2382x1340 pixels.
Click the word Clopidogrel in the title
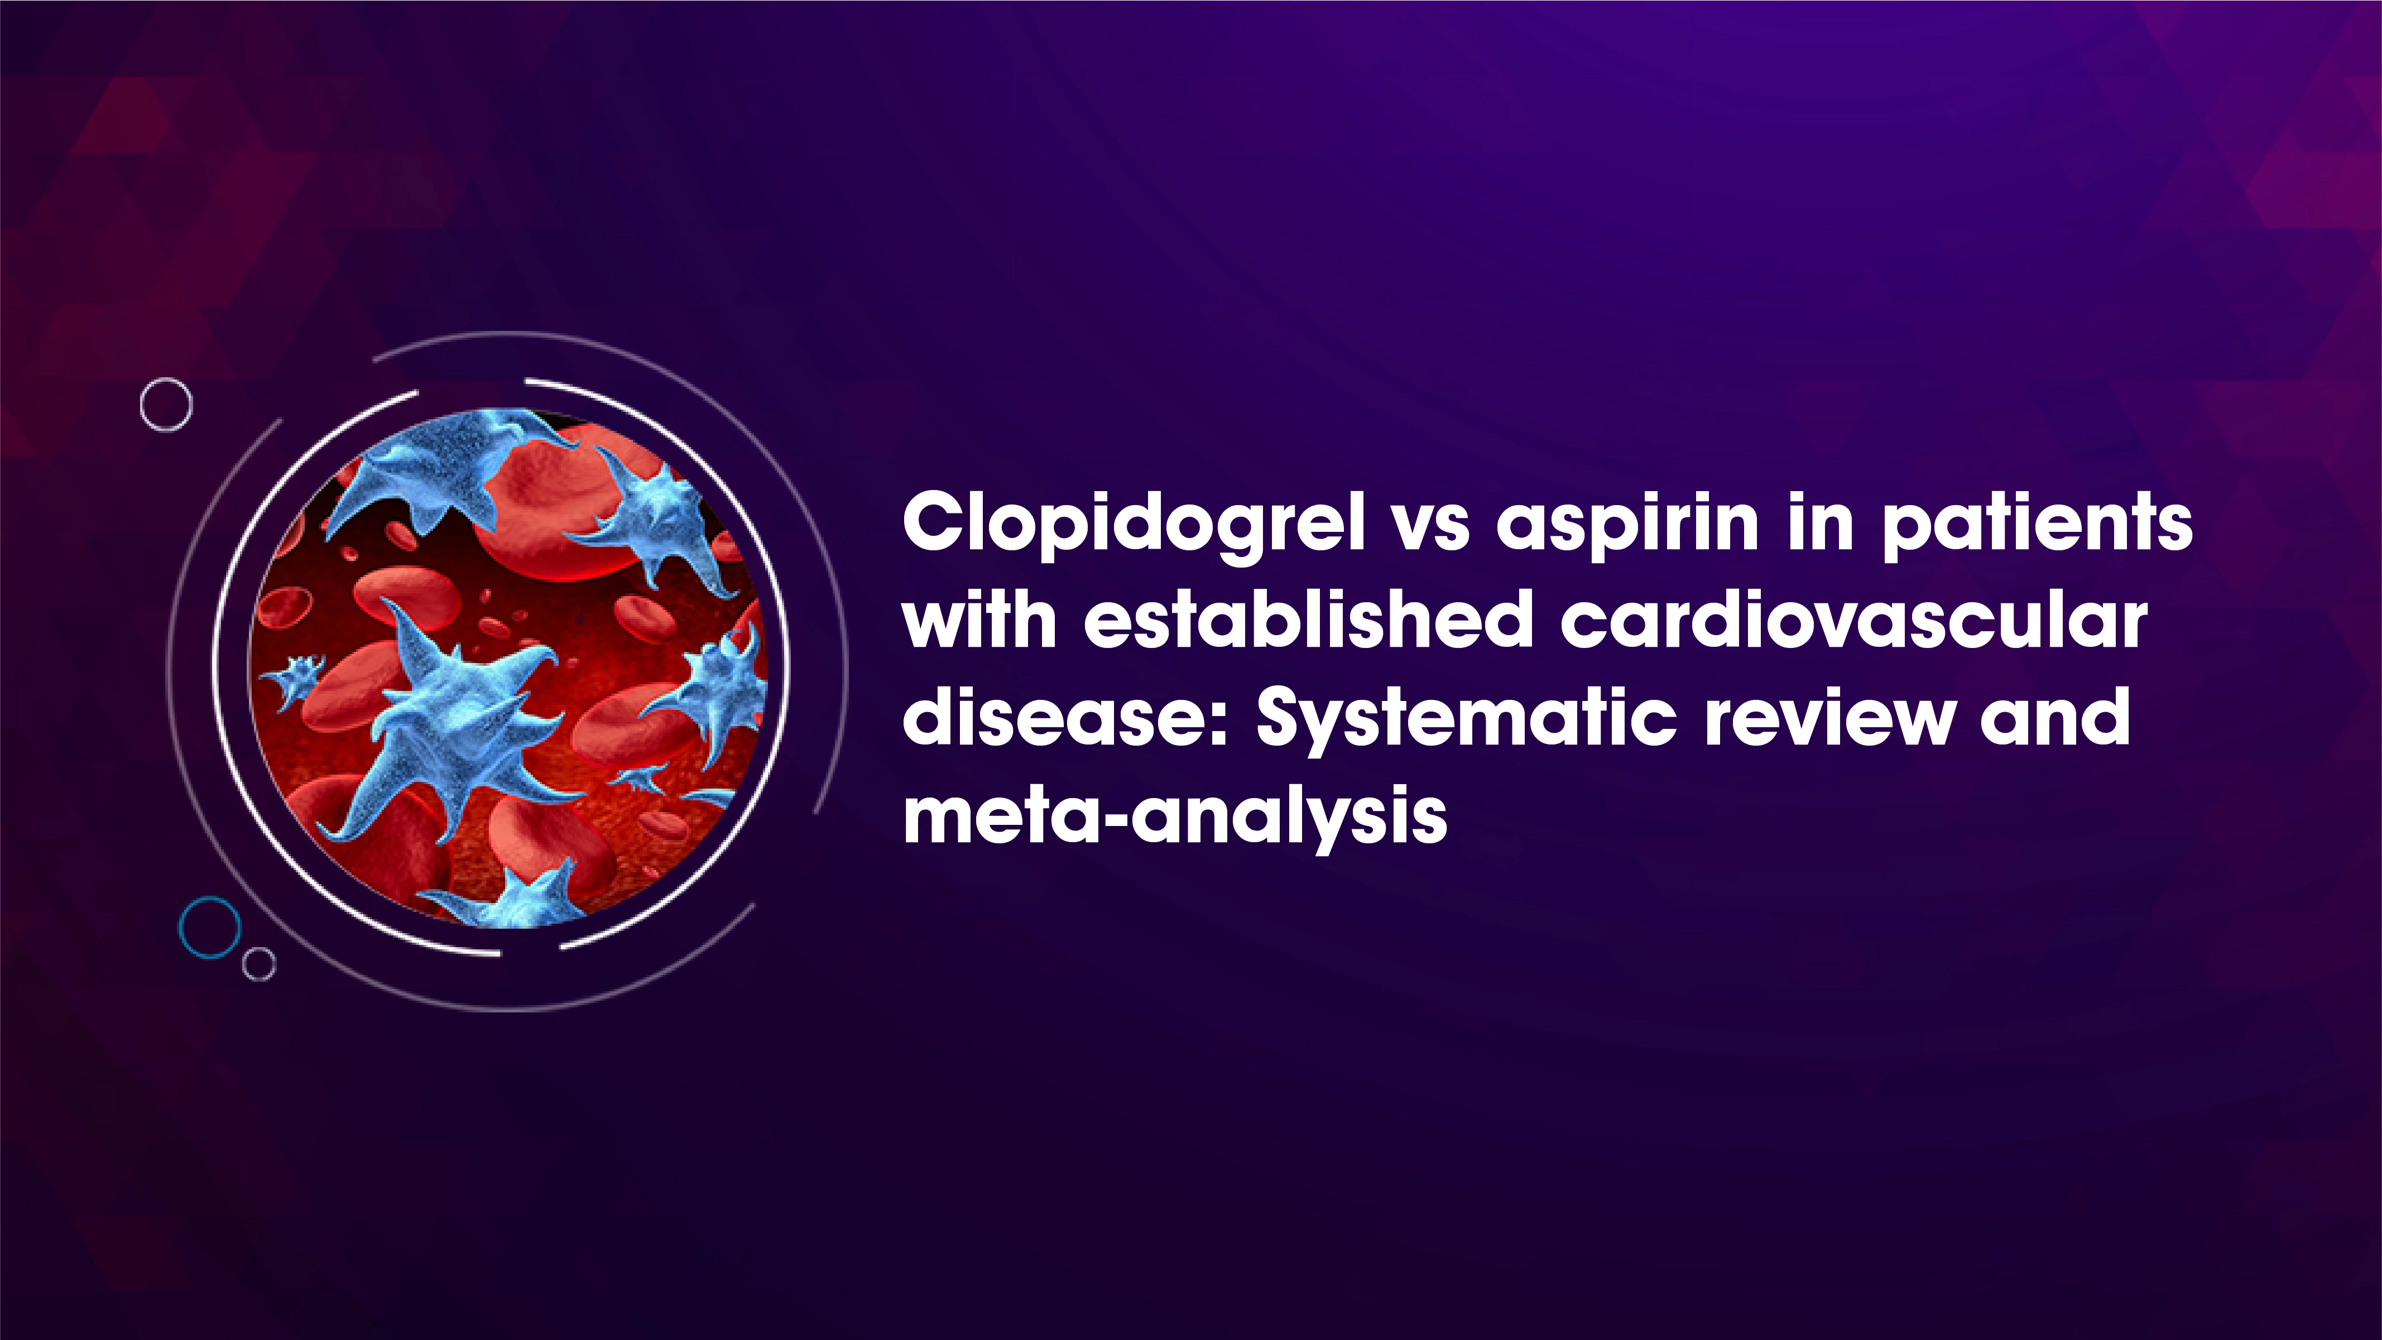pos(1133,525)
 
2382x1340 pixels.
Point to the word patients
pos(2037,525)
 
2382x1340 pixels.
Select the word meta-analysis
pos(1174,817)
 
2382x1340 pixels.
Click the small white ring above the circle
pos(166,404)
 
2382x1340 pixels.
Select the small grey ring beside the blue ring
pos(259,964)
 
